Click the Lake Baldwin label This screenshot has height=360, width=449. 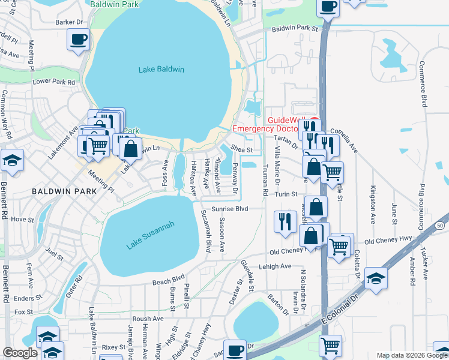point(161,70)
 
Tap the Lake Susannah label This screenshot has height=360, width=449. point(150,235)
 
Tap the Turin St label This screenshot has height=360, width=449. point(286,194)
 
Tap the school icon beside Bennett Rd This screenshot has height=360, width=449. point(12,160)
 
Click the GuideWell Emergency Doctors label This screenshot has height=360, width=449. point(266,124)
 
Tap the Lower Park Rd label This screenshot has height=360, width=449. point(54,82)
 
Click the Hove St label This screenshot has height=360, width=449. point(23,220)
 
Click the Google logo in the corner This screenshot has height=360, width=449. point(20,353)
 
